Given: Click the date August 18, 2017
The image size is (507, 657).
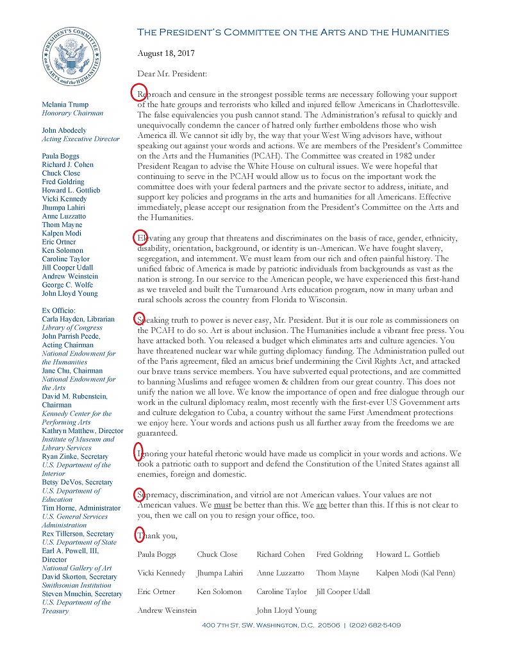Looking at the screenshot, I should click(x=166, y=53).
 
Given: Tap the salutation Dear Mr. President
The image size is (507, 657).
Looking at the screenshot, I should click(x=172, y=74).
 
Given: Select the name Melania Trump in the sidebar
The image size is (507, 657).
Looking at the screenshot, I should click(x=65, y=105).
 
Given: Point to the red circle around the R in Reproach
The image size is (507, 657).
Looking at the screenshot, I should click(x=139, y=92).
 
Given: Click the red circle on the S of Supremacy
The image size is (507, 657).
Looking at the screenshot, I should click(x=139, y=495).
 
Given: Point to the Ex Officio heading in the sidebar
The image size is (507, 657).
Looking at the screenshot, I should click(x=60, y=311).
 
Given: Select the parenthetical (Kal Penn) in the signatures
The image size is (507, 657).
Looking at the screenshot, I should click(x=433, y=573).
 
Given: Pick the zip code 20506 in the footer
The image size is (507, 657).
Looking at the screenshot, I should click(x=326, y=625).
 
